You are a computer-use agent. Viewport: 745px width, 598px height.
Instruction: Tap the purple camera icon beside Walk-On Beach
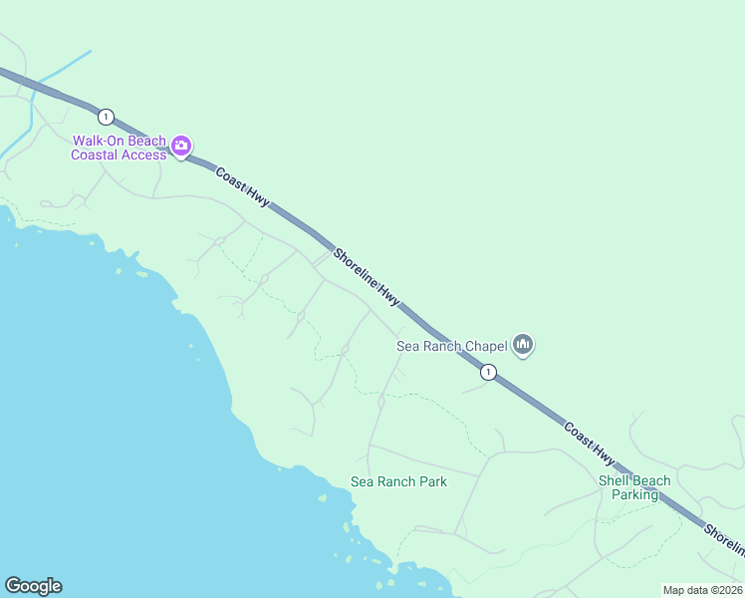pyautogui.click(x=180, y=147)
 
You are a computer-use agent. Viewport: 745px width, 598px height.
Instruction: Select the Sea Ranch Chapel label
pyautogui.click(x=451, y=346)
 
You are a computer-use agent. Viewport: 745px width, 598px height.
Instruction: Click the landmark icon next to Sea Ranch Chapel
pyautogui.click(x=523, y=346)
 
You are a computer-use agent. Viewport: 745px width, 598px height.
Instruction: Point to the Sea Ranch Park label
pyautogui.click(x=398, y=481)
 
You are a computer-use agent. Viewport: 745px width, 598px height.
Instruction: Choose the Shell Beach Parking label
pyautogui.click(x=634, y=487)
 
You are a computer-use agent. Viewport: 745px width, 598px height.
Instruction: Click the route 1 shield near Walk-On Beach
pyautogui.click(x=107, y=117)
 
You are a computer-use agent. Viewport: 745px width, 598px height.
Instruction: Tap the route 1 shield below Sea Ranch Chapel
pyautogui.click(x=488, y=372)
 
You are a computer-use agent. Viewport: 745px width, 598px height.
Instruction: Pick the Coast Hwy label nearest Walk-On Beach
pyautogui.click(x=242, y=185)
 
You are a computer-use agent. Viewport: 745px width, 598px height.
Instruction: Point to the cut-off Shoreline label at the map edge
pyautogui.click(x=724, y=539)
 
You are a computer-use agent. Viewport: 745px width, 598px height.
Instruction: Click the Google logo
pyautogui.click(x=33, y=586)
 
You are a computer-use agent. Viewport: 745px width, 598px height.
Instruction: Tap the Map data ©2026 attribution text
pyautogui.click(x=702, y=590)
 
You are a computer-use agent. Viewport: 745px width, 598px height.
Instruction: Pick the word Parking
pyautogui.click(x=634, y=494)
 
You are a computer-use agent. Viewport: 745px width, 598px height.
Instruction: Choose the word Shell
pyautogui.click(x=614, y=480)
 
